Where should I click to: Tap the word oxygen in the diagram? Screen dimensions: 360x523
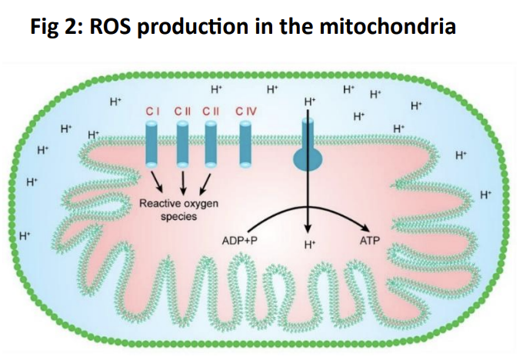click(x=199, y=204)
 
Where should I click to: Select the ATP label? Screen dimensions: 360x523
click(x=370, y=241)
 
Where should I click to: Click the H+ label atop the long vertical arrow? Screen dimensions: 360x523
click(x=310, y=101)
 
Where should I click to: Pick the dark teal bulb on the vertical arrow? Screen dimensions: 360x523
click(x=308, y=159)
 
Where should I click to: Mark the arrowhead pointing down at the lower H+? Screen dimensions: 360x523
click(x=308, y=228)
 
